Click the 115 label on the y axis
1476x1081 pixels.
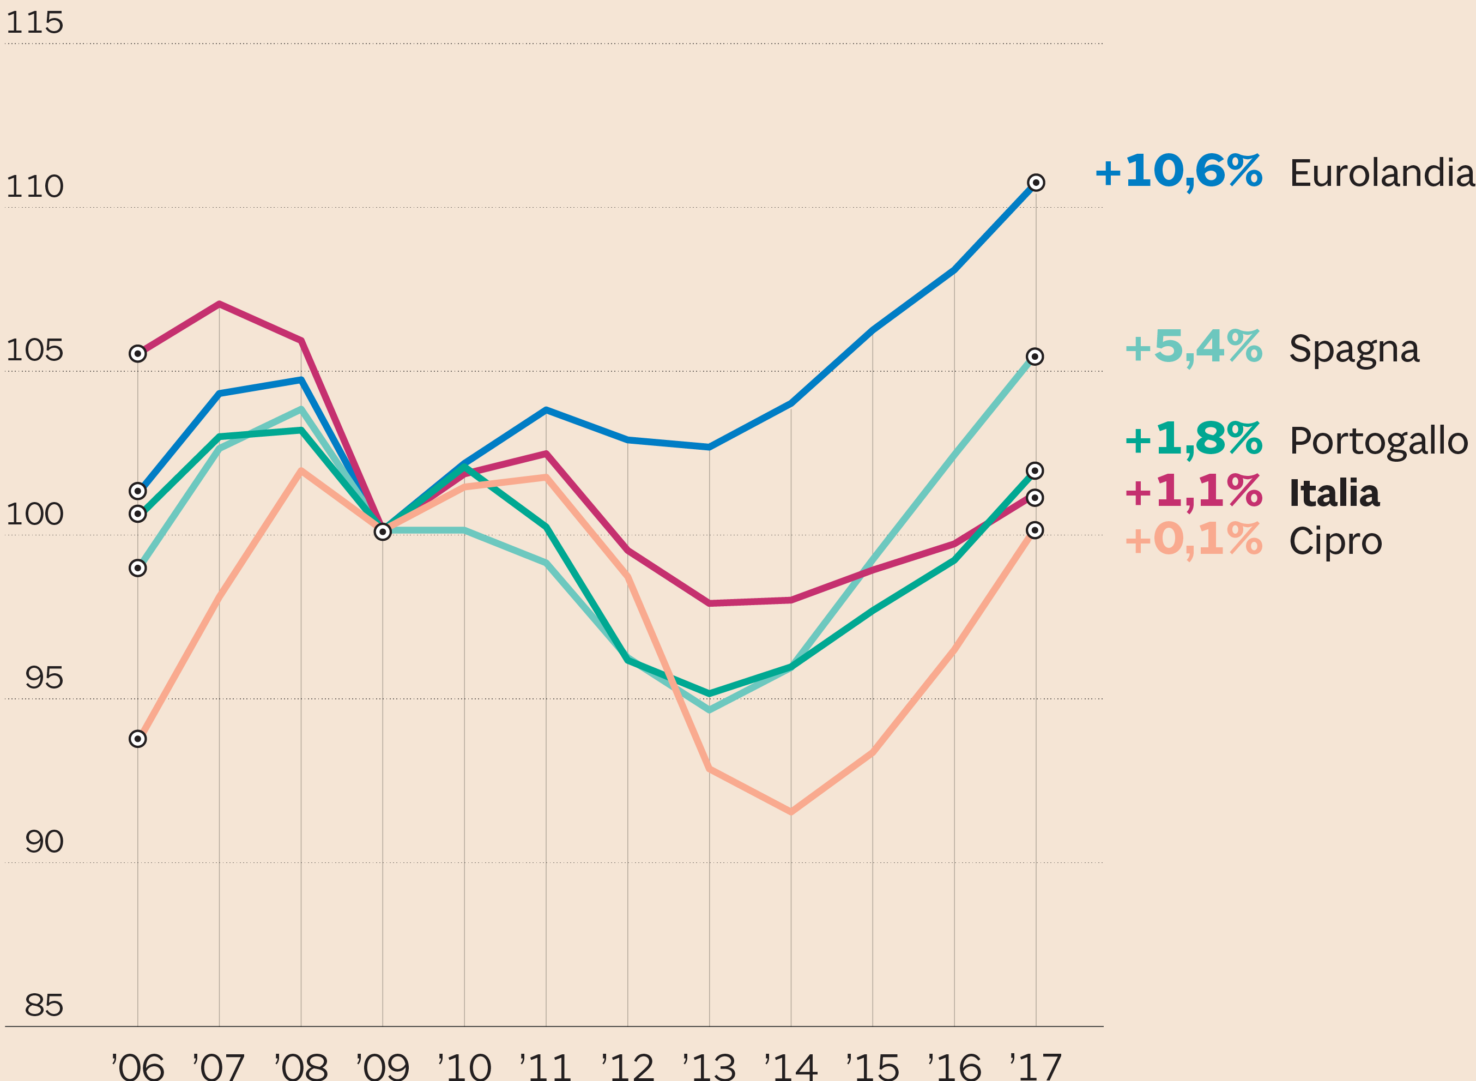click(35, 23)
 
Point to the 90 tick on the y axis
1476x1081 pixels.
click(44, 842)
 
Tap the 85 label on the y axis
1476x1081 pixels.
click(44, 1006)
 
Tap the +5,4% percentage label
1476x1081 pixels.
click(1193, 347)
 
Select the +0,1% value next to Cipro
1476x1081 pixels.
click(1193, 540)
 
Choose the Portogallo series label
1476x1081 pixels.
click(1378, 441)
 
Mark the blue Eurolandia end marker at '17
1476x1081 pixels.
click(1036, 183)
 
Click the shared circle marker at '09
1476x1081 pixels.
click(383, 532)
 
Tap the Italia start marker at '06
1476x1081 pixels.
click(137, 354)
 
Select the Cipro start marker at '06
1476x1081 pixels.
click(137, 739)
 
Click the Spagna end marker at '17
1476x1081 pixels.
click(1035, 357)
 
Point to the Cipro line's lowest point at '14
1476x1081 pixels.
click(791, 811)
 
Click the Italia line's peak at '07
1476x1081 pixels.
click(219, 304)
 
